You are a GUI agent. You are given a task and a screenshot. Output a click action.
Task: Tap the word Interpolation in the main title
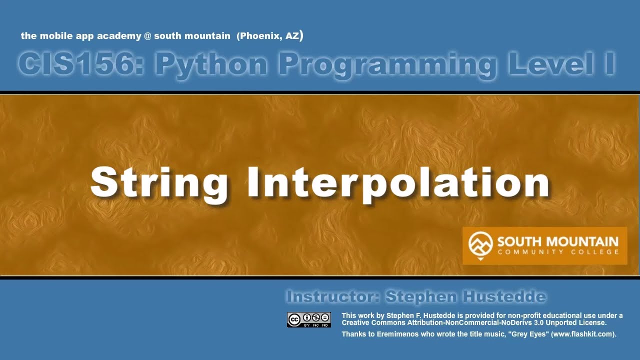(398, 183)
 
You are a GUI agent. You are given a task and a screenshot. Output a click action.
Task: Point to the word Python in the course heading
(210, 64)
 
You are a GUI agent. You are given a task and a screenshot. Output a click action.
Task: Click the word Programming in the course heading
(388, 64)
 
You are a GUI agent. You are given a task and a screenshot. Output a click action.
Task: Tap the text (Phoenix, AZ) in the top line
(270, 36)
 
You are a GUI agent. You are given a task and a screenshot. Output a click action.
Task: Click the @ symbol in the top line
(148, 36)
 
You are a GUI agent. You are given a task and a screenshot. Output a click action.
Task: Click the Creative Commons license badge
(308, 319)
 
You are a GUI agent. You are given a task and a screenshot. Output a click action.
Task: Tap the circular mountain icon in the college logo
(480, 243)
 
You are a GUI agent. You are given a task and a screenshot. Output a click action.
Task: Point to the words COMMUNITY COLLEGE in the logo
(557, 252)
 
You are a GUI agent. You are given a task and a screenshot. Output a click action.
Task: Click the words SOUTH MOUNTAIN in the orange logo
(557, 242)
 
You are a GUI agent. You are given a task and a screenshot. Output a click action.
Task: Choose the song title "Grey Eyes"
(528, 334)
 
